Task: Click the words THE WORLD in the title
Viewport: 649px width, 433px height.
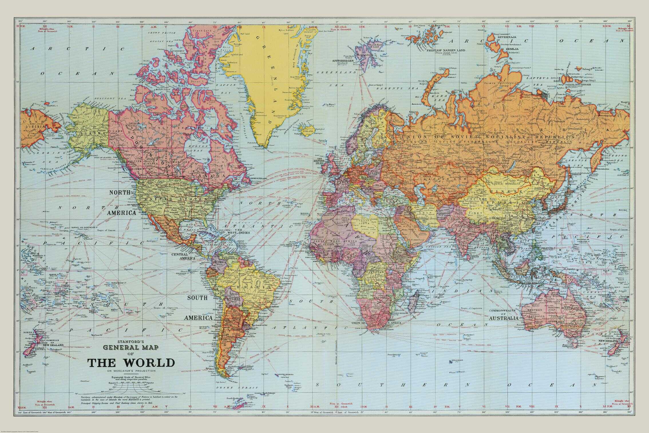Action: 131,363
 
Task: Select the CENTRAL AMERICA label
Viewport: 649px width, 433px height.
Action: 183,256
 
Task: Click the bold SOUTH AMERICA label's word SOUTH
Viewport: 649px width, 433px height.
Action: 197,298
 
